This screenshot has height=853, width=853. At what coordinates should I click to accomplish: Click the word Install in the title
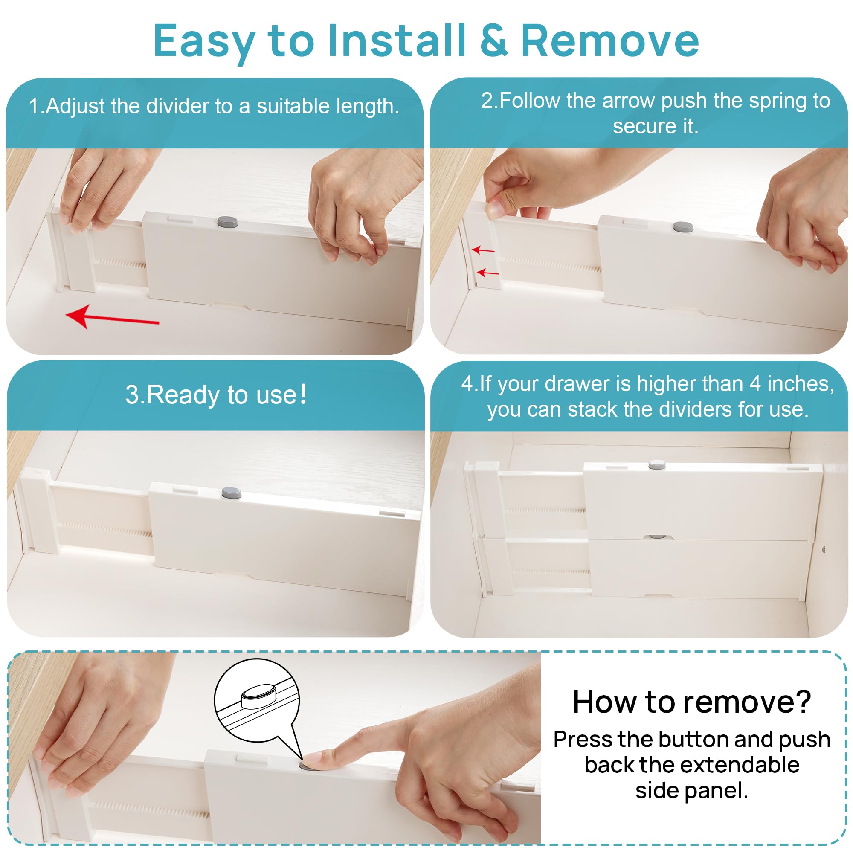pos(397,40)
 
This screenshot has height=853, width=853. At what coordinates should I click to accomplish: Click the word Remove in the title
pos(610,41)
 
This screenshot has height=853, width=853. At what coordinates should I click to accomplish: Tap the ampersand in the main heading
pos(493,41)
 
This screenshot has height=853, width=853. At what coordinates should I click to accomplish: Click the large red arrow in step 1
pos(112,317)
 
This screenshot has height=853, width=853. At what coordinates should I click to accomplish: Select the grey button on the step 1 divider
pos(228,222)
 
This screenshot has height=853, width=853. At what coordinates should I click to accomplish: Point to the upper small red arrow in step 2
pos(483,250)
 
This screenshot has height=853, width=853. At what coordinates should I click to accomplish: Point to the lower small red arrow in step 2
pos(488,273)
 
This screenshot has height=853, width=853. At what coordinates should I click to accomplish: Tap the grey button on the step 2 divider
pos(683,227)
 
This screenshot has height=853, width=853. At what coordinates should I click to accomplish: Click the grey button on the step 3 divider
pos(231,493)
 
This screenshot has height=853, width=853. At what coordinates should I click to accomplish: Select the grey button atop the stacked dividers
pos(657,464)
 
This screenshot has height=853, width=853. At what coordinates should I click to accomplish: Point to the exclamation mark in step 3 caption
pos(303,394)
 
